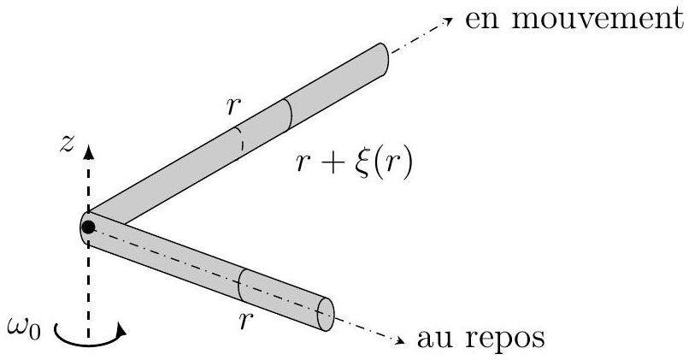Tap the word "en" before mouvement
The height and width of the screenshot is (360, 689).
(x=483, y=22)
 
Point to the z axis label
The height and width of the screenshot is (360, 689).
(x=67, y=145)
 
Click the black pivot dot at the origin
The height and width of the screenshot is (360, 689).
(x=88, y=227)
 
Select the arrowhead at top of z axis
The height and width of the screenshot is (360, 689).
(x=89, y=150)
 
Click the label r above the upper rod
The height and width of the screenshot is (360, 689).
(x=233, y=107)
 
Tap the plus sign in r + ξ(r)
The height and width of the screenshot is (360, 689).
(x=336, y=164)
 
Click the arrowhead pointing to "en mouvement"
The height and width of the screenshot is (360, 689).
(x=448, y=21)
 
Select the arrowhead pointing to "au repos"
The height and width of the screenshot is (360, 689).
(x=400, y=340)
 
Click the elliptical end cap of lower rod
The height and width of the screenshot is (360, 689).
(x=326, y=315)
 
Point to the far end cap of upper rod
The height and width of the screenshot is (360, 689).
(x=383, y=59)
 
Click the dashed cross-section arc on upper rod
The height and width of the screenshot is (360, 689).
(x=240, y=139)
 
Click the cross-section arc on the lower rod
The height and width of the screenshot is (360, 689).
(x=240, y=285)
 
